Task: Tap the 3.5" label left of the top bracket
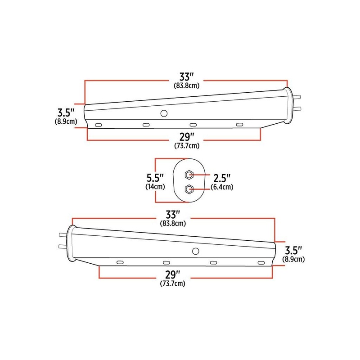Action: click(x=66, y=112)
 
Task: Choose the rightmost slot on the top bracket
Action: click(x=239, y=124)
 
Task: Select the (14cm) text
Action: click(x=154, y=186)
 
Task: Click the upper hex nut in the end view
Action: click(x=189, y=175)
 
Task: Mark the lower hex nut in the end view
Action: click(x=189, y=189)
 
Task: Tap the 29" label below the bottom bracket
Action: click(x=173, y=274)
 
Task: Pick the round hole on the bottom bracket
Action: click(x=196, y=251)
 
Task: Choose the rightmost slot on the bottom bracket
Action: click(x=260, y=262)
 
